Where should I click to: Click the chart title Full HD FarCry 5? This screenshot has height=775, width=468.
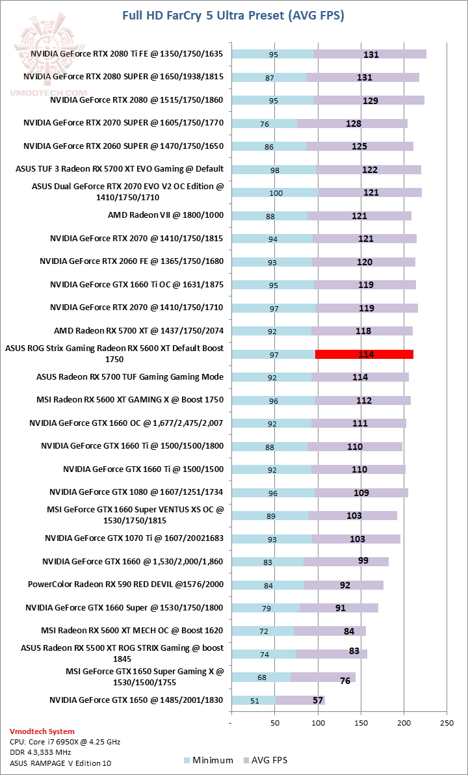click(233, 15)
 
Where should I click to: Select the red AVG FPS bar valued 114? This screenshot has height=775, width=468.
click(364, 354)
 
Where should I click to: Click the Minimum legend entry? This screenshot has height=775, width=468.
click(205, 760)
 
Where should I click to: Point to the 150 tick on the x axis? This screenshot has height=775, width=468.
click(361, 722)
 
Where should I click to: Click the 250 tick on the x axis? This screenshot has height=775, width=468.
click(447, 722)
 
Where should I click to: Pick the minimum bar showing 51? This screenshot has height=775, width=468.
click(253, 700)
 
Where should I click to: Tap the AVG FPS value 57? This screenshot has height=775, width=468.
click(318, 700)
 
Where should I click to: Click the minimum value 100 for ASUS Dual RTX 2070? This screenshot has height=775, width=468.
click(276, 193)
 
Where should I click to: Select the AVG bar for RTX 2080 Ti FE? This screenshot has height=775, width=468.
click(370, 55)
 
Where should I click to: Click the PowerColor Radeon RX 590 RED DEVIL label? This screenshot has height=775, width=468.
click(125, 585)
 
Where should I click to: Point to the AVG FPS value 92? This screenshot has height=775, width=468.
click(345, 585)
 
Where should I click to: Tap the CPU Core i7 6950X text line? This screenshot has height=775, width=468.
click(64, 742)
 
